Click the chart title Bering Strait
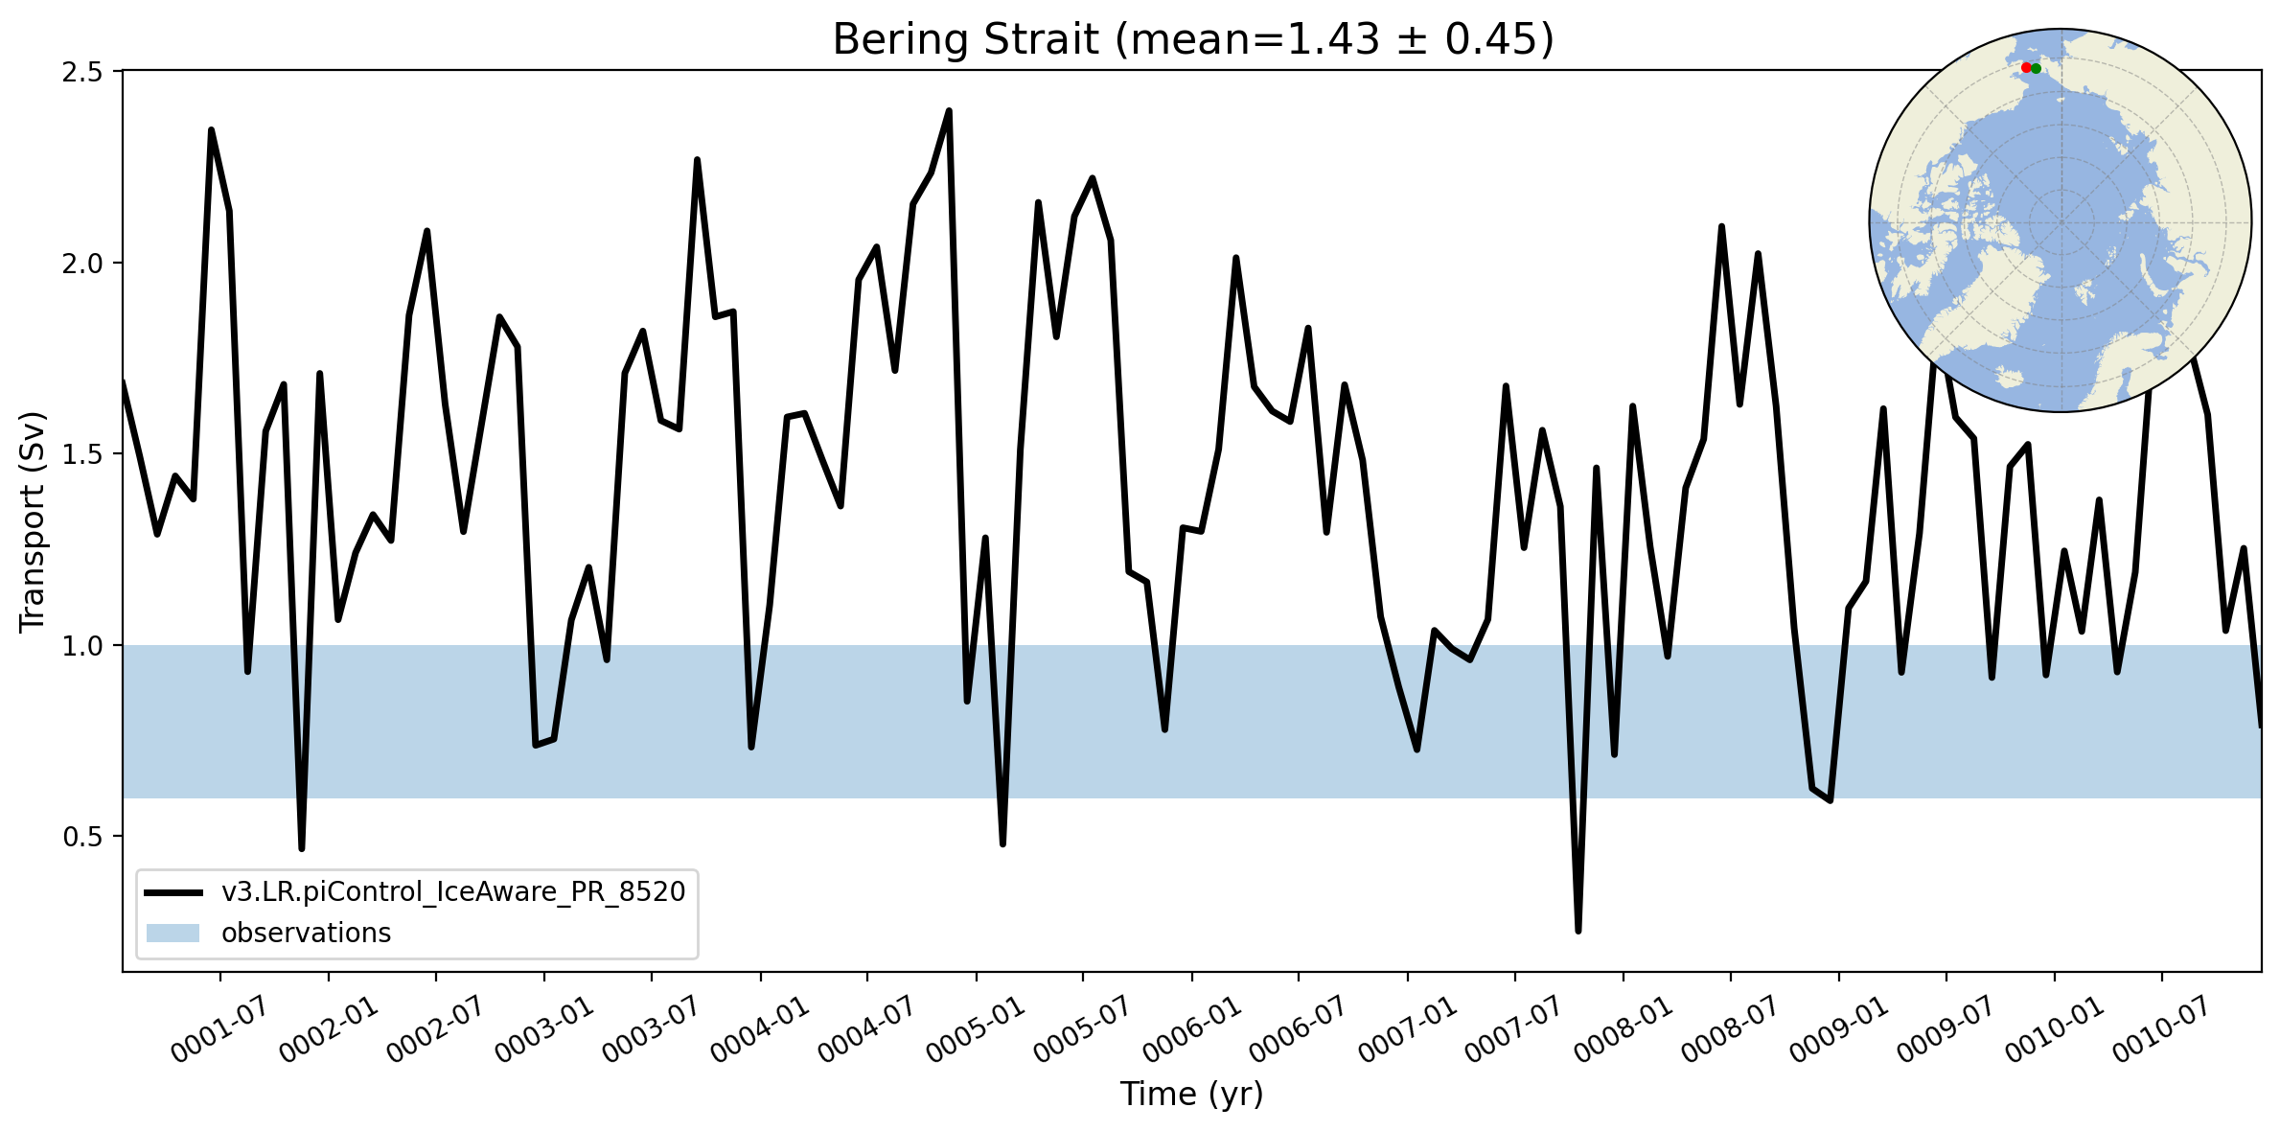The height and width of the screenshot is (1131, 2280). [965, 40]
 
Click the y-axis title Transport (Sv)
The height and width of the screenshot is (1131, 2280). [33, 522]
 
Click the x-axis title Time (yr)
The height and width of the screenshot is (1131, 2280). [1192, 1094]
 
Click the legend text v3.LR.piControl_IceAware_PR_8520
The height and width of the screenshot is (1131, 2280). [453, 892]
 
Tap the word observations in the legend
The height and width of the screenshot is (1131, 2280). [306, 933]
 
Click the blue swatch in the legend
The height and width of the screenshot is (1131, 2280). [173, 933]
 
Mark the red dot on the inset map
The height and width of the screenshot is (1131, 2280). [2026, 68]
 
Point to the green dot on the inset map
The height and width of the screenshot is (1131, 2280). [2036, 69]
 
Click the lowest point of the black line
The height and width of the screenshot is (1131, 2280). [1578, 931]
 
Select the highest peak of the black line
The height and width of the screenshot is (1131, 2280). [949, 110]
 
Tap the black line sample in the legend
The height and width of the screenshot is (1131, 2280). [173, 892]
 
